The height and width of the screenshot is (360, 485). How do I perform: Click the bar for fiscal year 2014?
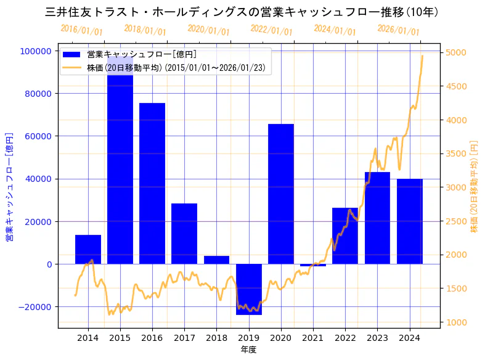point(88,250)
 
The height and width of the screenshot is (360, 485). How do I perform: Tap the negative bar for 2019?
point(249,289)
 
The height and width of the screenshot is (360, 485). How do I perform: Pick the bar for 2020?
point(281,194)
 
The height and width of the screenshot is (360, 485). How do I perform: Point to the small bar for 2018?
point(216,260)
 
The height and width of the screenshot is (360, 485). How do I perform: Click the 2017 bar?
point(184,234)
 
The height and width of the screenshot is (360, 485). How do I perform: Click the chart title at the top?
point(242,12)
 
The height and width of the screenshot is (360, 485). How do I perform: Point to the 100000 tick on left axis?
point(36,51)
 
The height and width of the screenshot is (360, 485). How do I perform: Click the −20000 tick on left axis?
point(34,307)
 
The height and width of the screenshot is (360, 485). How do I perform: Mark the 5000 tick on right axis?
point(456,53)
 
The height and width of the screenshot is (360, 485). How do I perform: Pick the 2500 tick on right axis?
point(456,221)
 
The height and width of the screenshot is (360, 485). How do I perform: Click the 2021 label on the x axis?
point(313,338)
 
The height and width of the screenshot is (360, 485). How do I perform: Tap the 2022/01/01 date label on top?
point(272,30)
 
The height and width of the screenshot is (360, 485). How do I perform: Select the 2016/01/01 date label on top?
point(82,30)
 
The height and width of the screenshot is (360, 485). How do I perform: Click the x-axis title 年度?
point(248,350)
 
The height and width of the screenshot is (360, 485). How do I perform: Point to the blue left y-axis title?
point(10,187)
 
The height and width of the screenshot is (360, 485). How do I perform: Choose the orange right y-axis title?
point(474,187)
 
